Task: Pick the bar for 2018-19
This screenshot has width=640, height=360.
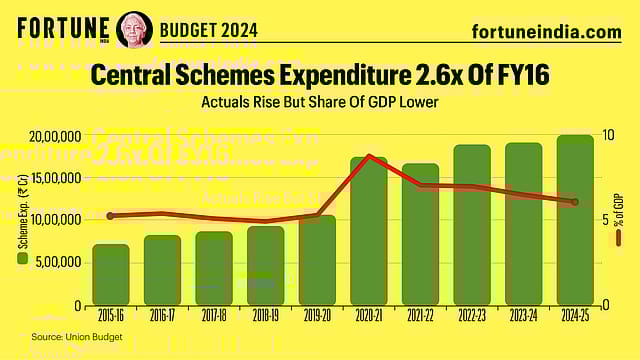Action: tap(266, 266)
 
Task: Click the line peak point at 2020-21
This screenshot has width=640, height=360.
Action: tap(370, 156)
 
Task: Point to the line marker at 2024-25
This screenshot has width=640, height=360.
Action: tap(575, 202)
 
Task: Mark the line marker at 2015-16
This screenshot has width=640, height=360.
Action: tap(111, 216)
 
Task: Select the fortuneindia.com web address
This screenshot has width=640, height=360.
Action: tap(546, 32)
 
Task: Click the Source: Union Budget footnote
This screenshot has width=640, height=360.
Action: tap(76, 337)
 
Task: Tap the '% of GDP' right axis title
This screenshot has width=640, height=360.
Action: tap(620, 215)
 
